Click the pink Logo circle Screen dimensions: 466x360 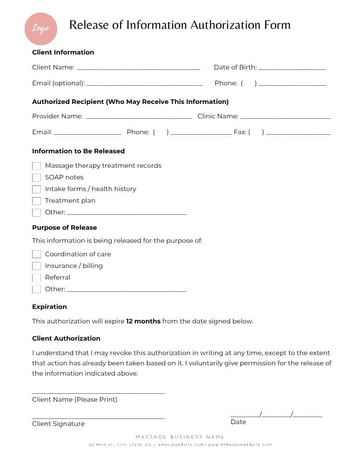[x=41, y=28]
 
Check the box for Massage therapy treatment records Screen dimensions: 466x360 [x=36, y=166]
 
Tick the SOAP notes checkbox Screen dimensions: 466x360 [x=36, y=178]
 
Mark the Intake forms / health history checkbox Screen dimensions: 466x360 [x=36, y=189]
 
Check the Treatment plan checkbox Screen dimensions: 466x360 [x=36, y=201]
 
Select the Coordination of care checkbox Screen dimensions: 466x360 [x=36, y=254]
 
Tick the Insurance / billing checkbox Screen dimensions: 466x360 [x=36, y=266]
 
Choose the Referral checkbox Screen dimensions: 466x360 [x=36, y=278]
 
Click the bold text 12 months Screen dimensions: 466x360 [x=143, y=321]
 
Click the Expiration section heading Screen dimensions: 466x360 [x=49, y=307]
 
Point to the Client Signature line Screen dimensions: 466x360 [x=98, y=417]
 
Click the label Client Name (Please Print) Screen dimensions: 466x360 [x=75, y=399]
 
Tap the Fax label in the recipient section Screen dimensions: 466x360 [x=239, y=132]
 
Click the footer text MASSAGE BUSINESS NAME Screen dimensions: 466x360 [x=180, y=437]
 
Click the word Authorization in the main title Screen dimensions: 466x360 [x=233, y=25]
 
